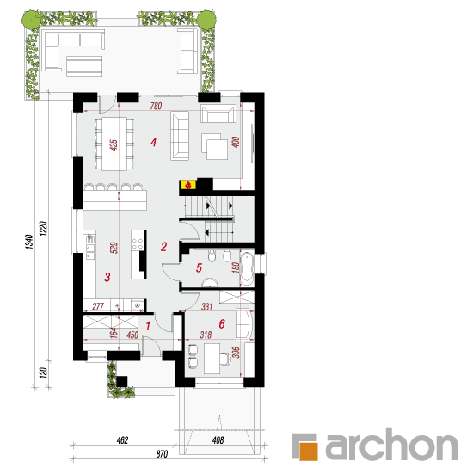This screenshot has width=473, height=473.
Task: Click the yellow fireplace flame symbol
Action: [188, 185]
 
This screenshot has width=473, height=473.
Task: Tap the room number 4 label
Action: [154, 142]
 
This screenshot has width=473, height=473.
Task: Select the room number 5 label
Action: [199, 267]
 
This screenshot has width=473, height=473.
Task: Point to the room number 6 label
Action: [222, 323]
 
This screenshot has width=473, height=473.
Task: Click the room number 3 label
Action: [107, 277]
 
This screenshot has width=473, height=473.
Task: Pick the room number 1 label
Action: [148, 326]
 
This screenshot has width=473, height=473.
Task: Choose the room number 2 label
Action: [163, 247]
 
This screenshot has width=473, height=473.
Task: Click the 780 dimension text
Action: [157, 106]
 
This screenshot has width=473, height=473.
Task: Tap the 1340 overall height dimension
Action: [29, 242]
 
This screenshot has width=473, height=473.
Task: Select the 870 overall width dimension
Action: [162, 454]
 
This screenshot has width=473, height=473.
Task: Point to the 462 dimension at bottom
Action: [122, 440]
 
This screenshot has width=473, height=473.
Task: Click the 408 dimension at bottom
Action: [218, 440]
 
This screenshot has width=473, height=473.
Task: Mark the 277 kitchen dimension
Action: [98, 306]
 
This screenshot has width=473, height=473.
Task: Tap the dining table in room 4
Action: [114, 144]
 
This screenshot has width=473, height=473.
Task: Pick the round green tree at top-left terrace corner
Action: [30, 20]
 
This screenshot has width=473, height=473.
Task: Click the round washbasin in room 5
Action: [209, 283]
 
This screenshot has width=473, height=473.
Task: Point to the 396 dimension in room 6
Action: [236, 352]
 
